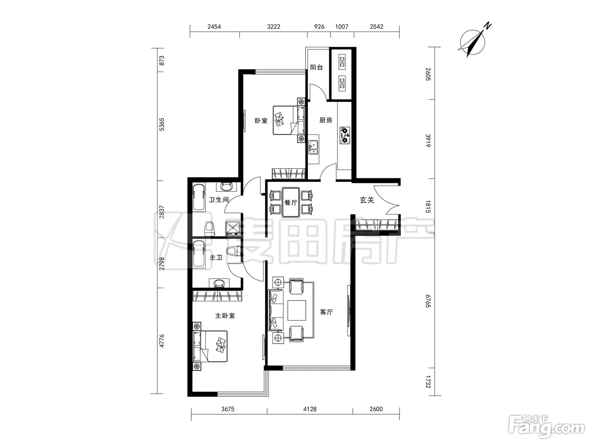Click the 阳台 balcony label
[x=316, y=67]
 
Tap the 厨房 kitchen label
[x=326, y=120]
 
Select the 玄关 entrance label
[x=367, y=200]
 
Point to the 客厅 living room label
[x=326, y=312]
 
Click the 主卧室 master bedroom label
[x=225, y=315]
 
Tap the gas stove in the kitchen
[x=345, y=136]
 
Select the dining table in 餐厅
[x=291, y=203]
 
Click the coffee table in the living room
[x=297, y=310]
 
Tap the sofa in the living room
[x=276, y=310]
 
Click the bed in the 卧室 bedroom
[x=289, y=120]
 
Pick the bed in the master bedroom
[x=210, y=346]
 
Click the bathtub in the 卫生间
[x=199, y=197]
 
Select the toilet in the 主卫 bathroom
[x=233, y=251]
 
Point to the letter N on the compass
[x=488, y=26]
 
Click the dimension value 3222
[x=274, y=27]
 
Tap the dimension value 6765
[x=428, y=301]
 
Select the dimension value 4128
[x=310, y=409]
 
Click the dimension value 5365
[x=161, y=124]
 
